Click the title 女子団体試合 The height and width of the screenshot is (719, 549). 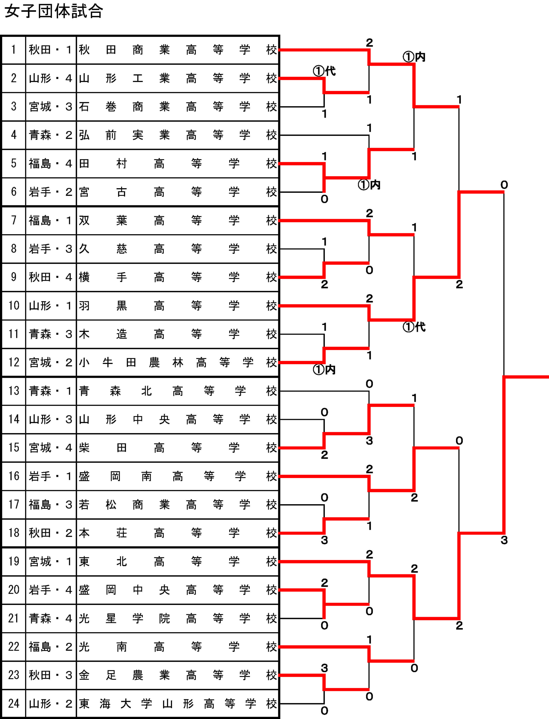click(x=54, y=11)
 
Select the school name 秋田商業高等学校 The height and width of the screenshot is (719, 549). click(x=178, y=50)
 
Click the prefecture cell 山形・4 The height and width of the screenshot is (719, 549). click(x=51, y=78)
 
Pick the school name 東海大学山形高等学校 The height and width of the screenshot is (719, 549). click(x=178, y=703)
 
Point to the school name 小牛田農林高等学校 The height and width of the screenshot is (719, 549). click(x=178, y=362)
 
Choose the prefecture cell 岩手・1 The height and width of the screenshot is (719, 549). click(x=51, y=476)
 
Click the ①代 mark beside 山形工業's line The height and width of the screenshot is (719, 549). click(x=324, y=71)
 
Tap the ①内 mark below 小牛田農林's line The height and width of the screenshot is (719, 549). click(x=324, y=370)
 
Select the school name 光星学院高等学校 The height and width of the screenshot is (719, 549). click(x=178, y=618)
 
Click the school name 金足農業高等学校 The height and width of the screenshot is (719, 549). click(x=178, y=675)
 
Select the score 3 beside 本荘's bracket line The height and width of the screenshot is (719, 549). click(x=324, y=540)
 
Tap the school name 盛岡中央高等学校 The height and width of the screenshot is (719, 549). click(x=178, y=590)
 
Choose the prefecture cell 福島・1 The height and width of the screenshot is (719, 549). click(x=51, y=220)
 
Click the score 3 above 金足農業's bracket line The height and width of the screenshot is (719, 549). click(x=324, y=668)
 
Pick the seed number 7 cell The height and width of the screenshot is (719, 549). click(x=14, y=220)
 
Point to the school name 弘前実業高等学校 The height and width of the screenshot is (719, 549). click(x=178, y=135)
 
